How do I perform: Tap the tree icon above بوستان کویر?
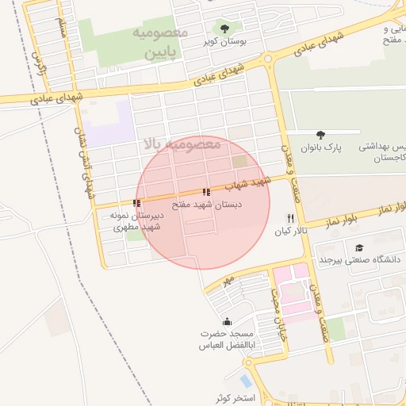(x=224, y=29)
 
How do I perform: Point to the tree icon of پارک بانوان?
(x=320, y=136)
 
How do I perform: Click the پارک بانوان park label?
(x=320, y=147)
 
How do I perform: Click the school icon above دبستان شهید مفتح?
(x=206, y=192)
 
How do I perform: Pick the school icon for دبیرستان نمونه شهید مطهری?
(x=137, y=203)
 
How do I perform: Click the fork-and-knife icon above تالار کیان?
(x=290, y=219)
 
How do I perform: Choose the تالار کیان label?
(x=289, y=232)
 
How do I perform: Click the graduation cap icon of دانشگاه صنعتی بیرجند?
(x=360, y=247)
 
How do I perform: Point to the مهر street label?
(x=229, y=281)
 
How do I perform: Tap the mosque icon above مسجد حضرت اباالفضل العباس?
(x=228, y=321)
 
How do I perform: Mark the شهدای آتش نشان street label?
(x=90, y=163)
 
